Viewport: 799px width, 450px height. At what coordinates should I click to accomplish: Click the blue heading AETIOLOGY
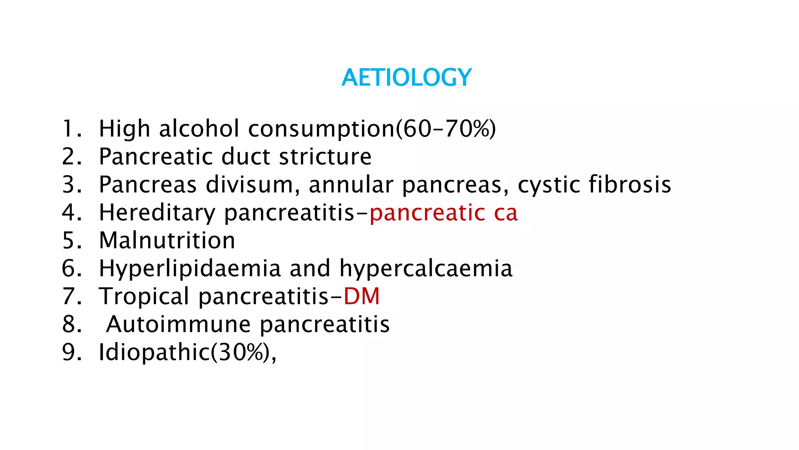[407, 77]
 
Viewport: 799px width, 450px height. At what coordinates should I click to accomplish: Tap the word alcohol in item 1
[199, 129]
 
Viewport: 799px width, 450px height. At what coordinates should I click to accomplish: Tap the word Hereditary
[157, 213]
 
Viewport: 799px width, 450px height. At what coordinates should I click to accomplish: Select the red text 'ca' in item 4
[506, 213]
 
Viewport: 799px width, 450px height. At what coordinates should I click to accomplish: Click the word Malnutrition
[167, 240]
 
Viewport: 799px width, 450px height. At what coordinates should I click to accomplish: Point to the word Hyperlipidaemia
[190, 268]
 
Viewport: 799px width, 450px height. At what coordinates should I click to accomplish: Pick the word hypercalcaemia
[426, 269]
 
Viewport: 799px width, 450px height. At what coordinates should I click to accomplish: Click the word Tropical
[144, 296]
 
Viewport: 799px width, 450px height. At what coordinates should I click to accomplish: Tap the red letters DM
[361, 296]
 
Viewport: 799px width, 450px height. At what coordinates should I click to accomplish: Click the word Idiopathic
[154, 352]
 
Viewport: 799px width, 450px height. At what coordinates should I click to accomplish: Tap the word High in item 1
[124, 129]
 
